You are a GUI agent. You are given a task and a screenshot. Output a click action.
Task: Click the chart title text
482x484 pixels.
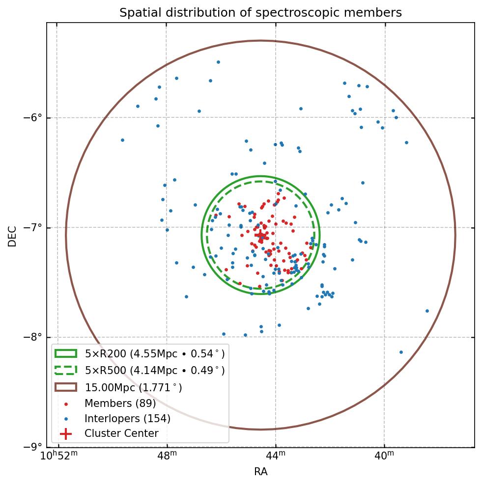[260, 13]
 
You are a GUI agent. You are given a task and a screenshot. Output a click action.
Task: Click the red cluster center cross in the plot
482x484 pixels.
[260, 236]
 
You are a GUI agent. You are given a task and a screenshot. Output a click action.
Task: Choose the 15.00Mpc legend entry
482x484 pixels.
[133, 387]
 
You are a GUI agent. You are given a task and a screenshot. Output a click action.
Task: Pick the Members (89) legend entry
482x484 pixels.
[120, 403]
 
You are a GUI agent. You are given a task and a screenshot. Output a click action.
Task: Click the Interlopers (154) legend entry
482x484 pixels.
[127, 418]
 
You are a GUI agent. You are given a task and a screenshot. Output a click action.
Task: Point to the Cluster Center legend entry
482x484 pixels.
[121, 433]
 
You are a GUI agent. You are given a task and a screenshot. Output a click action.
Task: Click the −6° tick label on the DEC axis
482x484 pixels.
[33, 118]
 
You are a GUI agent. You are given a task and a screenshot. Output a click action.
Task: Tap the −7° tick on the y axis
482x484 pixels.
[33, 228]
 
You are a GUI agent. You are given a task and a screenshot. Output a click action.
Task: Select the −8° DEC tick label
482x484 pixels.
[33, 337]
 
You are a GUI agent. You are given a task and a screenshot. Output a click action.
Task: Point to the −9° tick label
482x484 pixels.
[33, 447]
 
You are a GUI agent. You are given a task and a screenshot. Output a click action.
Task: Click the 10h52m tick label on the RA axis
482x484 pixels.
[58, 456]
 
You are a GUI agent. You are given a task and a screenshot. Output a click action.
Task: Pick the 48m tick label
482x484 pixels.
[167, 456]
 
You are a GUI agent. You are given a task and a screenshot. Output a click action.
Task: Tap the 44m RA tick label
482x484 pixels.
[276, 456]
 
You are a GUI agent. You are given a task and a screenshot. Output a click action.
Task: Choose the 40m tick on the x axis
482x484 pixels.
[385, 456]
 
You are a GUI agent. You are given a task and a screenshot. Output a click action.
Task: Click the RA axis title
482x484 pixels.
[260, 472]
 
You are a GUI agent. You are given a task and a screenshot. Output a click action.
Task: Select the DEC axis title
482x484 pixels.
[12, 236]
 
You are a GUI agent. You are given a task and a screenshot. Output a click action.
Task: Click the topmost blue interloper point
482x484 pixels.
[218, 62]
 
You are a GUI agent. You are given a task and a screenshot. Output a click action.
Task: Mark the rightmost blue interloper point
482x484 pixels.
[427, 311]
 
